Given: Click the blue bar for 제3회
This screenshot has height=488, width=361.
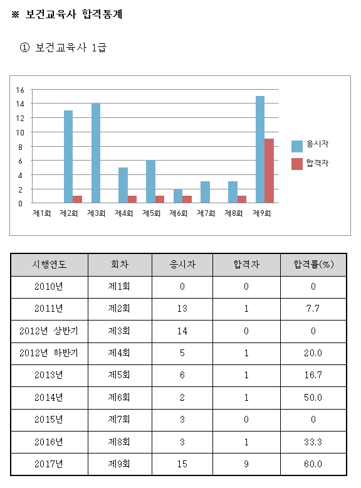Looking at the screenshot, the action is coord(96,153).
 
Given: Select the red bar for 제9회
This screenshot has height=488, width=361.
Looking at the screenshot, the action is coord(269,171).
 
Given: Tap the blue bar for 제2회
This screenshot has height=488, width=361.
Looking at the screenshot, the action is coord(68,157).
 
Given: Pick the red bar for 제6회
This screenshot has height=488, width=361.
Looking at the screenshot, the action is coord(187,199).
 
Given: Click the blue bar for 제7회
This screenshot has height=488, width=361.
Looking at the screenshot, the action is coord(205,192).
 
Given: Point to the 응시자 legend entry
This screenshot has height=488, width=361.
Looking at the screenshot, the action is coord(310,146).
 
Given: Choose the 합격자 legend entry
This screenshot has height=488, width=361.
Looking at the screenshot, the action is coord(310,164).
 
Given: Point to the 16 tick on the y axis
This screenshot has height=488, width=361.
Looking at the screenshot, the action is coord(20,90).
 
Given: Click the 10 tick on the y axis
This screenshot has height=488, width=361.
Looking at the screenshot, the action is coord(20,133).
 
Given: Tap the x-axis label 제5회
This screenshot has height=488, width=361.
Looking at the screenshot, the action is coord(151,213).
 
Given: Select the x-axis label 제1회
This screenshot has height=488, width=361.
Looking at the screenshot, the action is coord(41,213).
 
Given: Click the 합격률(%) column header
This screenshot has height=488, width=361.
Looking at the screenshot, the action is coord(313,265).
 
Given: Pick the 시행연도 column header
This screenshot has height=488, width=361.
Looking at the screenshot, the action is coord(50,265).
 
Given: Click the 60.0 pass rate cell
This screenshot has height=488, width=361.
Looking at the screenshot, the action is coord(313,464).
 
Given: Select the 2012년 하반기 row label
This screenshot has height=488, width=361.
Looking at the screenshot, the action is coord(49,353).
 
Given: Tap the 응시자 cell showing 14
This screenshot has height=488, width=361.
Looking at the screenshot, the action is coord(182,331).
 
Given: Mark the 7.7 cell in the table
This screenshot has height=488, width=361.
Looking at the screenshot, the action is coord(313,309).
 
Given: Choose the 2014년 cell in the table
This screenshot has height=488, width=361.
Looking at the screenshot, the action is coord(49,398).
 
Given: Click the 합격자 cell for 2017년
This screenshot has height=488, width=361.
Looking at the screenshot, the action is coord(246,464).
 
